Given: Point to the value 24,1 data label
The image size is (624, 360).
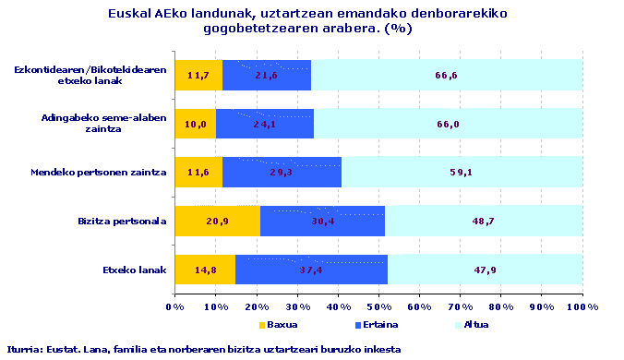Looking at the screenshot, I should [266, 124].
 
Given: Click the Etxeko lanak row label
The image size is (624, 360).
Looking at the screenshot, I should [136, 270].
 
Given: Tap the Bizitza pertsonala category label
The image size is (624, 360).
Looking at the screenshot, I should [123, 221].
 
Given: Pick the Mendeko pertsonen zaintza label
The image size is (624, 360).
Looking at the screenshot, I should [98, 173].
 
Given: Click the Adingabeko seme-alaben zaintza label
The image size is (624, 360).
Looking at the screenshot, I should [103, 124].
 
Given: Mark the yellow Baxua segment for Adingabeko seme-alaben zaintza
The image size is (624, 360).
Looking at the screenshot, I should [195, 124].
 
